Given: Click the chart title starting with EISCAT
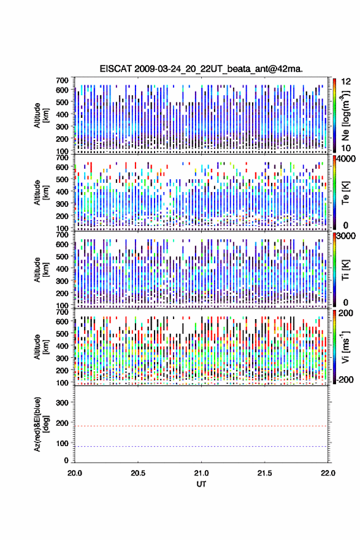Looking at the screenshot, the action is pos(201,69).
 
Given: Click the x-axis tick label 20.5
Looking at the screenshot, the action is pos(138,473).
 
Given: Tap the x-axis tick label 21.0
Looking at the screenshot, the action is pos(201,473).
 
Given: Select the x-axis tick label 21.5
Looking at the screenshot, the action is pos(265,473).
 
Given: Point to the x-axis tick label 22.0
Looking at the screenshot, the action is pos(328,473).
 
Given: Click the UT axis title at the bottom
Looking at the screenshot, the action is pos(201,484).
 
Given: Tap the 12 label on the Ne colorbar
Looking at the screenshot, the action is pos(346,82).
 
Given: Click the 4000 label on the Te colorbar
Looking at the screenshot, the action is pos(347,159).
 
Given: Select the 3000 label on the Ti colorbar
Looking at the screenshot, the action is pos(347,236).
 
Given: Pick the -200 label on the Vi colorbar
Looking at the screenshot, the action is pos(345,379).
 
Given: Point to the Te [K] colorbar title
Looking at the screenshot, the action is pos(345,193).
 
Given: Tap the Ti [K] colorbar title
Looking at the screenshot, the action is pos(345,270).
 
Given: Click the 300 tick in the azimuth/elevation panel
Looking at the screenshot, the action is pos(63,403).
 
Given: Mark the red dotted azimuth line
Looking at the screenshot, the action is pos(201,426).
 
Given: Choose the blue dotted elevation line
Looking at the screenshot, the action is pos(201,446).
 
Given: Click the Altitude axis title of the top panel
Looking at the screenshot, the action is pos(41,115).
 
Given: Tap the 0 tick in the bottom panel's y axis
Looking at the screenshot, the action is pos(66,460).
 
